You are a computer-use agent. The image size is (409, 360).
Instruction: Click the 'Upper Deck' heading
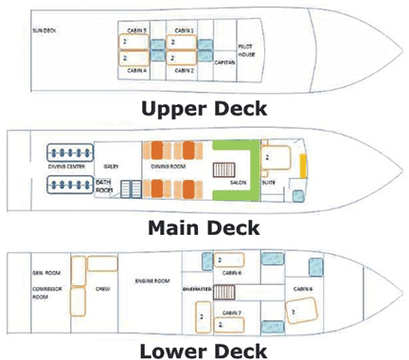[x=204, y=107]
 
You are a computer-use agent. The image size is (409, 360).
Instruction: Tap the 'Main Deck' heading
[x=204, y=226]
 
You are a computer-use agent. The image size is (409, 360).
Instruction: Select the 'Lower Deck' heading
[x=204, y=348]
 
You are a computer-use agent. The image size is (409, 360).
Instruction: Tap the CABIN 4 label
[x=138, y=70]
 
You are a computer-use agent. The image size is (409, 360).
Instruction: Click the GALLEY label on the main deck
[x=124, y=165]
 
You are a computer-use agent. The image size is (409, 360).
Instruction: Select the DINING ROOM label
[x=171, y=164]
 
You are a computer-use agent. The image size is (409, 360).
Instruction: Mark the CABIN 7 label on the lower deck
[x=234, y=311]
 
